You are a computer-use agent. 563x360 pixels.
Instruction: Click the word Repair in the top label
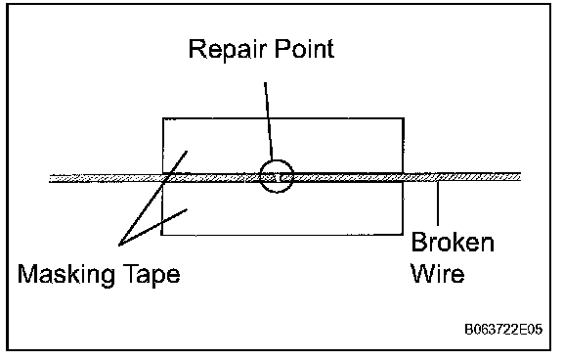coord(227,49)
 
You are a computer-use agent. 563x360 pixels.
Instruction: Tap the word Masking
coord(66,275)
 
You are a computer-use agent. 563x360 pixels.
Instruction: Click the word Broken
coord(453,243)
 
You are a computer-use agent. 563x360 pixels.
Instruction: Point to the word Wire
coord(438,273)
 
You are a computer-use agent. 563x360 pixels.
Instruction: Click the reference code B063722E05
coord(503,329)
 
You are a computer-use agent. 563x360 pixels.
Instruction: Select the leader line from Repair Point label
coord(269,121)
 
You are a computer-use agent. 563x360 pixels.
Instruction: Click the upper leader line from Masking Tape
coord(152,199)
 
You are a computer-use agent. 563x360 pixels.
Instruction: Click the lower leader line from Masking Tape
coord(152,227)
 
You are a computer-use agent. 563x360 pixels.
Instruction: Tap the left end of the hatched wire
coord(50,178)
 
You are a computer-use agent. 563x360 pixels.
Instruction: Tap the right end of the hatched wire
coord(520,176)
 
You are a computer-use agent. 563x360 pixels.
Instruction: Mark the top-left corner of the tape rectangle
coord(163,118)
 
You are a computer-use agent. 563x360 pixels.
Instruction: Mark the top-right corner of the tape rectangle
coord(404,118)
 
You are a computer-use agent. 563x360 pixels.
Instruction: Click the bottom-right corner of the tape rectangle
coord(403,235)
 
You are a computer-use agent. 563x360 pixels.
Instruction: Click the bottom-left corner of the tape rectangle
coord(161,235)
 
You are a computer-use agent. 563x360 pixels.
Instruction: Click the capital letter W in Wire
coord(423,273)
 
